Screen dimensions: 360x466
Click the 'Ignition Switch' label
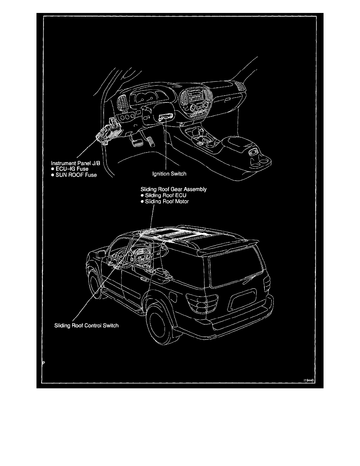(169, 174)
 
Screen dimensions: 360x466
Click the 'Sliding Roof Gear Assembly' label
(173, 189)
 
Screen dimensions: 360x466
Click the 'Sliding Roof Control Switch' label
(86, 326)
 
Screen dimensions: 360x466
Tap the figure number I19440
(309, 380)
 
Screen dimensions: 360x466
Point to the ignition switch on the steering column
(164, 117)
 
